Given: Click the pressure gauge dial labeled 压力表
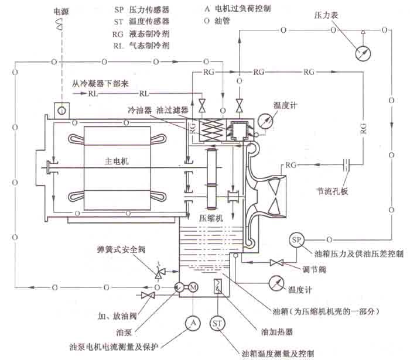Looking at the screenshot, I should pyautogui.click(x=364, y=52).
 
